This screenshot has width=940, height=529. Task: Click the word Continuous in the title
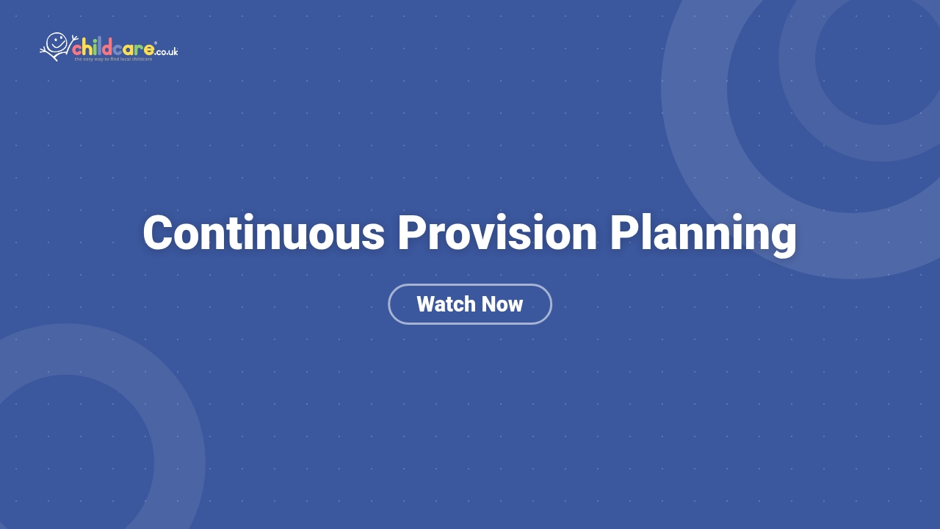tap(264, 234)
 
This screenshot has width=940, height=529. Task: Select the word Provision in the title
tap(497, 234)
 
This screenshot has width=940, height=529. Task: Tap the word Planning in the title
tap(703, 234)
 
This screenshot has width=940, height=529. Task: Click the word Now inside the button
tap(502, 304)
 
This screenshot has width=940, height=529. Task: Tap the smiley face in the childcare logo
tap(57, 42)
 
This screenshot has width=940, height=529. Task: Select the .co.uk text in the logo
tap(167, 51)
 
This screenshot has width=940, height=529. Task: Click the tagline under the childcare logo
tap(113, 60)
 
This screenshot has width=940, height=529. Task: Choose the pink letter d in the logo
tap(107, 48)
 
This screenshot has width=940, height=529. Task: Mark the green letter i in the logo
tap(95, 48)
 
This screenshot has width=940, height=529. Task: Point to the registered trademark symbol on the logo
tap(156, 43)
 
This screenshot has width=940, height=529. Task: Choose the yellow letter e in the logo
tap(149, 50)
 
